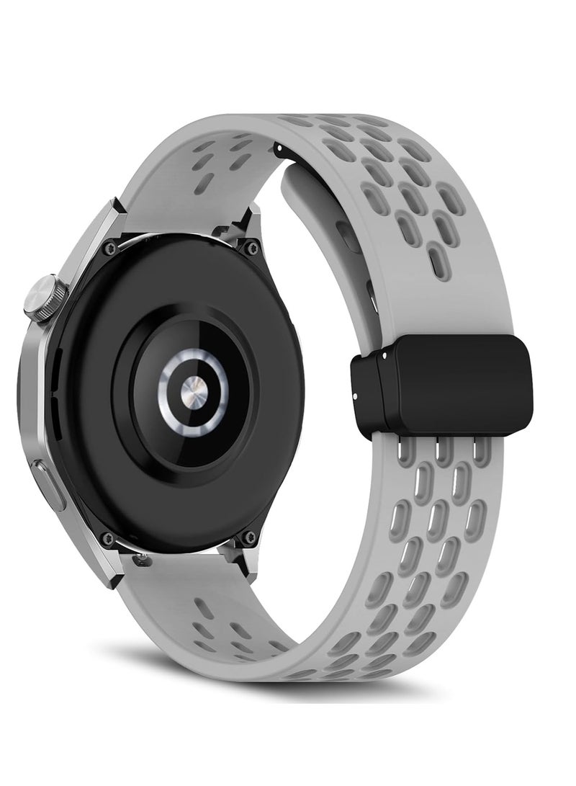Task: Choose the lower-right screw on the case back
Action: pos(250,535)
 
